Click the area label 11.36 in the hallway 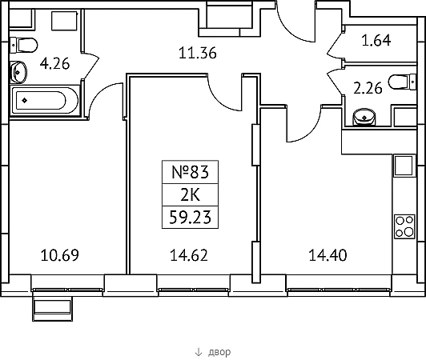coord(198,53)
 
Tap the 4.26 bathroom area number coord(54,64)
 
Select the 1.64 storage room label coord(376,40)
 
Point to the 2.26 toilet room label coord(368,88)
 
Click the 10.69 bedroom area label coord(60,255)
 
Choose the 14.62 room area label coord(189,255)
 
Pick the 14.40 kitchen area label coord(328,255)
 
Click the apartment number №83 coord(191,172)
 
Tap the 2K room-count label coord(191,194)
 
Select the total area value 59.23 coord(191,217)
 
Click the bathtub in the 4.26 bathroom coord(44,101)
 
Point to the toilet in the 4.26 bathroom coord(24,46)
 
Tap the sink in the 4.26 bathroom coord(18,72)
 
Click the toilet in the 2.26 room coord(402,82)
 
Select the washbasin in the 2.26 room coord(364,118)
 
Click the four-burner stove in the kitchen coord(404,226)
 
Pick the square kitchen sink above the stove coord(404,166)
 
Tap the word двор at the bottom coord(219,352)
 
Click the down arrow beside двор coord(199,352)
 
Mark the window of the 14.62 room coord(194,290)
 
